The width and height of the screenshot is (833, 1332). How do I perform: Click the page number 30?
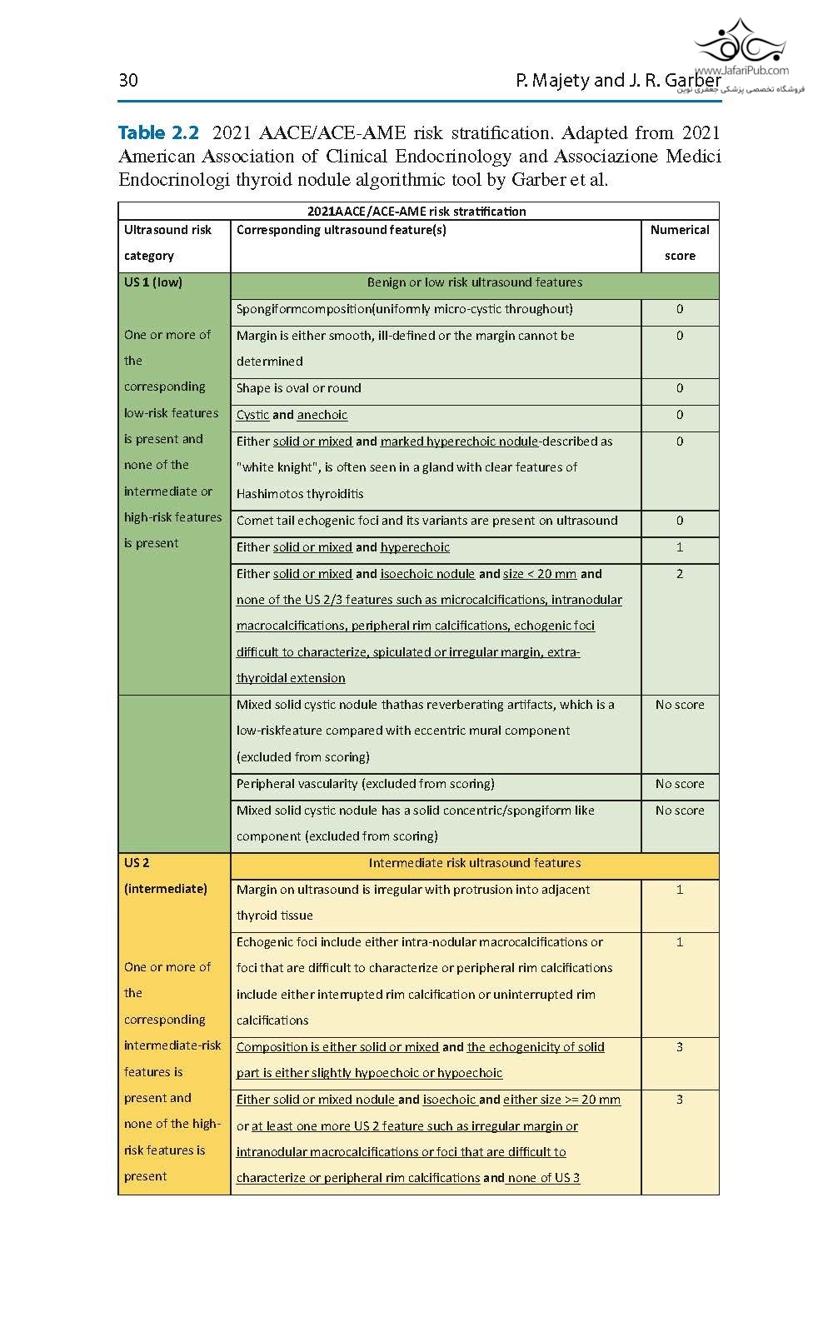pos(128,80)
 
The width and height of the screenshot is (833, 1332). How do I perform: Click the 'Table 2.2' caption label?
pos(158,132)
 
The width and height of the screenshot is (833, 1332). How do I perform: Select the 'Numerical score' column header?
pos(680,242)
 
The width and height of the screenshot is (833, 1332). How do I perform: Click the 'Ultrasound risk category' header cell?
pos(167,242)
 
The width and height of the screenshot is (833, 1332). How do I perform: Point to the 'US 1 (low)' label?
pos(153,282)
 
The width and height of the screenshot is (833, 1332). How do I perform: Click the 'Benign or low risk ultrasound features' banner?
pos(474,282)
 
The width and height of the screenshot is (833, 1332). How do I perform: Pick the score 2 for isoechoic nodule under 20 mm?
pos(680,574)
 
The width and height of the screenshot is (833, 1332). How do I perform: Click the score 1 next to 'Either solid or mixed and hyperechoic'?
pos(680,547)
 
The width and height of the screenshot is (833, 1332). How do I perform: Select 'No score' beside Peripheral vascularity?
pos(680,784)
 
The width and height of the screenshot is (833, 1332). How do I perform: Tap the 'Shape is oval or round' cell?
pos(299,388)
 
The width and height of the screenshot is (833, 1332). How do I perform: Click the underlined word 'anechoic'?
pos(322,415)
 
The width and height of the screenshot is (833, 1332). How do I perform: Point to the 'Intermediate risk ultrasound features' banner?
pos(474,863)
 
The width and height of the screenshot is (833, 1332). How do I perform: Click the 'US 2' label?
pos(137,863)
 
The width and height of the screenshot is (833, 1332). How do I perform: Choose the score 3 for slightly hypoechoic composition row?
pos(680,1047)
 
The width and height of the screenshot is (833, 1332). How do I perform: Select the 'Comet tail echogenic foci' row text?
pos(426,521)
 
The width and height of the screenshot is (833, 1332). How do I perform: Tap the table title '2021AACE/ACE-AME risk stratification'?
pos(416,212)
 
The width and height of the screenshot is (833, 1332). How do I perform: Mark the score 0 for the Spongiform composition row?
pos(680,309)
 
